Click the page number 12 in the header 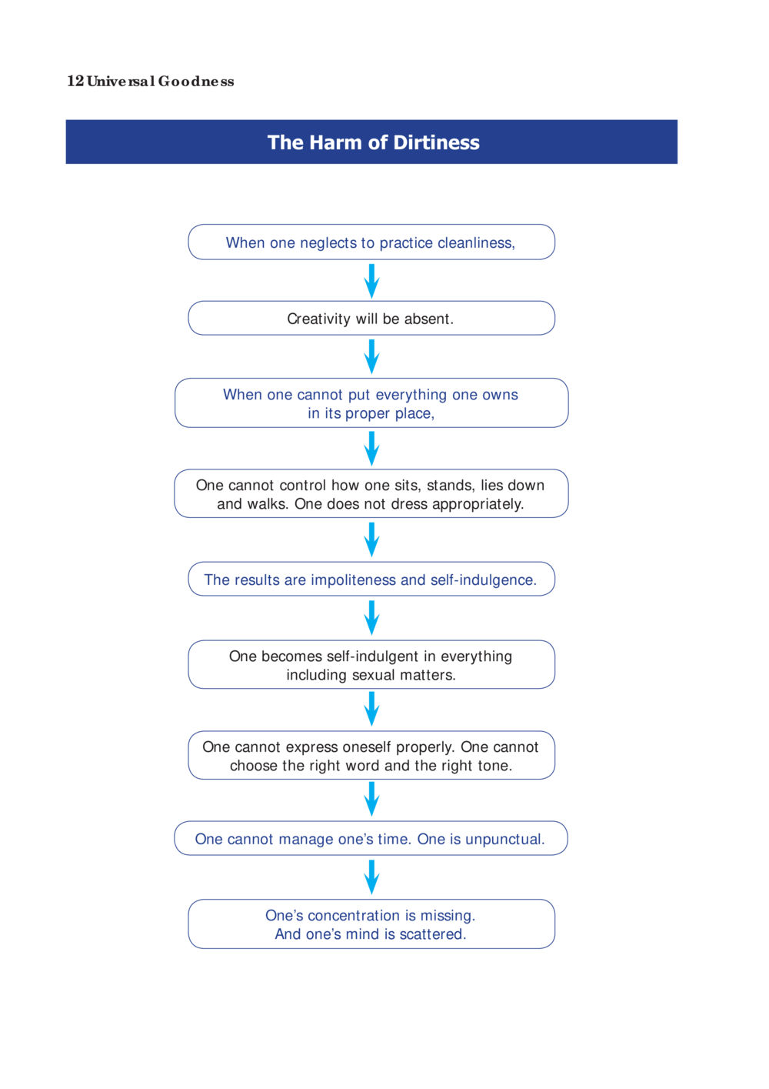[x=75, y=81]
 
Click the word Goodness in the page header [x=196, y=81]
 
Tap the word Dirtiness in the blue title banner [x=436, y=142]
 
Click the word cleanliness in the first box [x=476, y=242]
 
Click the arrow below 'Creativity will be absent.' [x=371, y=356]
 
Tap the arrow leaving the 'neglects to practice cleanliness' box [x=371, y=281]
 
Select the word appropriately [x=478, y=504]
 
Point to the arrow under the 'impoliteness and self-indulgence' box [x=371, y=617]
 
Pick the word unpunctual [x=504, y=839]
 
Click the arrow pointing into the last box [x=371, y=877]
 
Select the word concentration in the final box [x=355, y=915]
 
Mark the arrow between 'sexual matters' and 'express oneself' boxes [x=371, y=709]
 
